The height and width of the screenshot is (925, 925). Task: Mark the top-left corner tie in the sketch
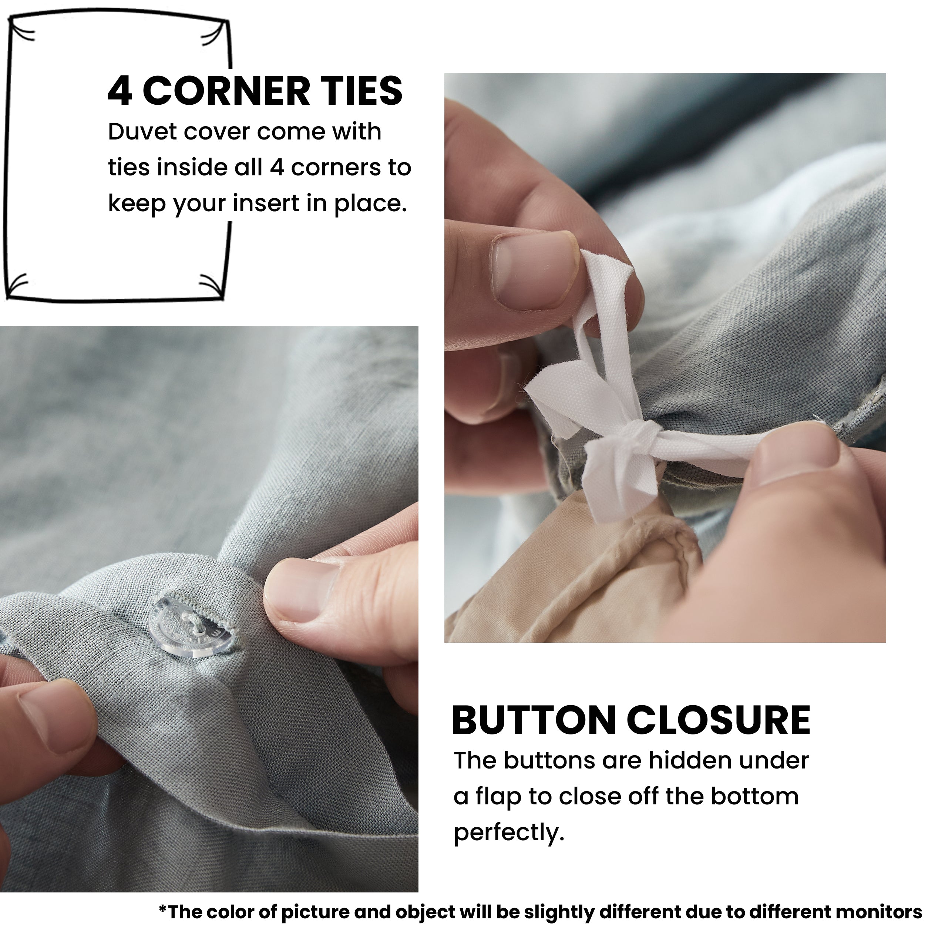click(x=21, y=34)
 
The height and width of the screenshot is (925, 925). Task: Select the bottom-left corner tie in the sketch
click(x=18, y=286)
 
